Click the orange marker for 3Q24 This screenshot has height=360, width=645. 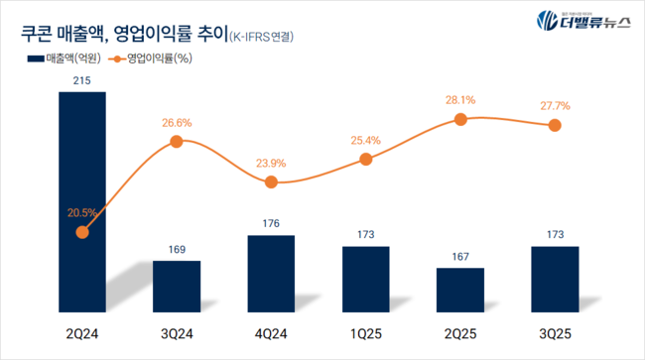pos(177,141)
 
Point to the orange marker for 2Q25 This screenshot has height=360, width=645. pos(460,119)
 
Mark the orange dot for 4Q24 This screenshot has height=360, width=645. pos(271,181)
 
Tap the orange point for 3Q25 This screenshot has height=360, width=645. pos(555,125)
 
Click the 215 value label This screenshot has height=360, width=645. pos(81,80)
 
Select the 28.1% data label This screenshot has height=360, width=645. pos(460,99)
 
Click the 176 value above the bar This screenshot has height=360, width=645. pos(271,224)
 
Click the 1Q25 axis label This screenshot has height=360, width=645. pos(365,330)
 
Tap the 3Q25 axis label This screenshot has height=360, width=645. pos(555,330)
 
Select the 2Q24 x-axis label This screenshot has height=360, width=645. pos(81,330)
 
